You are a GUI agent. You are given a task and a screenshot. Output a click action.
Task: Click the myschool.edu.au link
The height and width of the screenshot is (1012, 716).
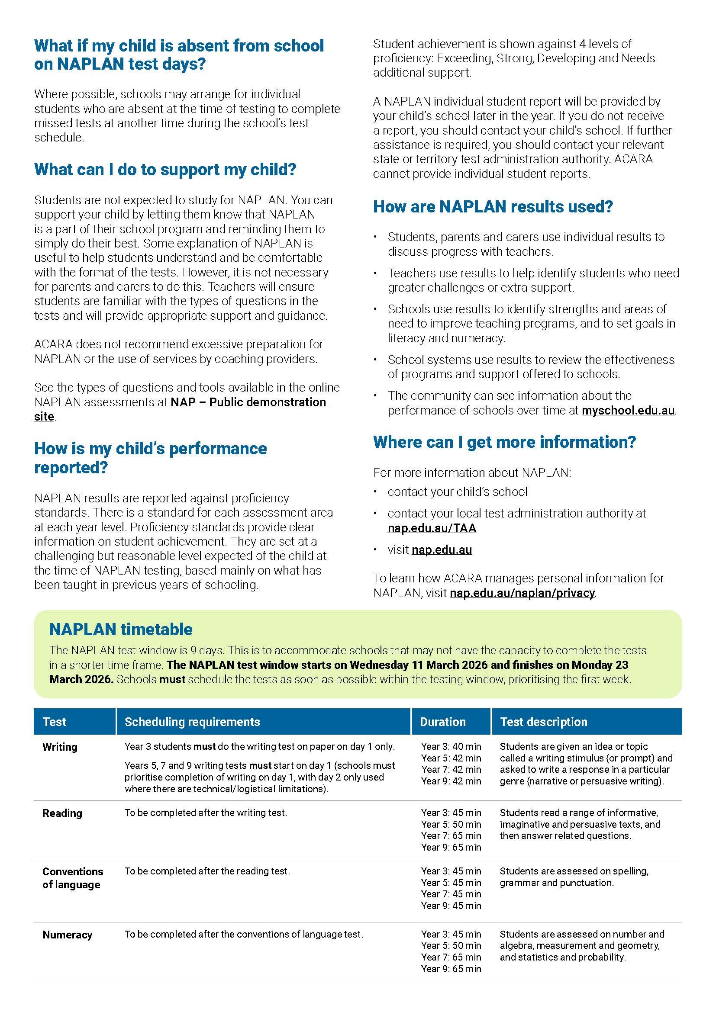[628, 410]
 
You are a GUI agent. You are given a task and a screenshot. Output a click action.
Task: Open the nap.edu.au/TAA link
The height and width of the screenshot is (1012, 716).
[432, 527]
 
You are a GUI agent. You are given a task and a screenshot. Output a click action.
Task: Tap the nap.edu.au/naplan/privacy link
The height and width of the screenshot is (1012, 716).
[522, 593]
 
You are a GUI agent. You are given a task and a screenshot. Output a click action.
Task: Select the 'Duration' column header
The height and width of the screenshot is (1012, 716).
[443, 722]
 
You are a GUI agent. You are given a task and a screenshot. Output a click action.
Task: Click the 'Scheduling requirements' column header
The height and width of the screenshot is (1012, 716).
[192, 722]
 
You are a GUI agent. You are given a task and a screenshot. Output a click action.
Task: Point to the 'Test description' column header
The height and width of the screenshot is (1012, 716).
[544, 722]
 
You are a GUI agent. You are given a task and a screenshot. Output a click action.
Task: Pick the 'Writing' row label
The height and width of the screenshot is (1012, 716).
[60, 747]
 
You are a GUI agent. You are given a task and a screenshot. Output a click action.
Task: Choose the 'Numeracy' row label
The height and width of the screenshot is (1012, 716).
[68, 935]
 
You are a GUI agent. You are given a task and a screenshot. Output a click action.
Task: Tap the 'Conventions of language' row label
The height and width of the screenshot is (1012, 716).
[73, 878]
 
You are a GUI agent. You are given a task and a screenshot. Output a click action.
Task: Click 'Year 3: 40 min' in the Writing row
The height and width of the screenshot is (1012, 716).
[451, 747]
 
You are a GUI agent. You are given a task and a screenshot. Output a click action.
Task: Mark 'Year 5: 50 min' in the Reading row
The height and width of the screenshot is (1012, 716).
[451, 824]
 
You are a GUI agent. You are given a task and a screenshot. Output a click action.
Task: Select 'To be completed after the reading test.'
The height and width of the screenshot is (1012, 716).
[207, 871]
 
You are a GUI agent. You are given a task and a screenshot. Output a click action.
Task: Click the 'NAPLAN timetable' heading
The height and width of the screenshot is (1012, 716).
[121, 629]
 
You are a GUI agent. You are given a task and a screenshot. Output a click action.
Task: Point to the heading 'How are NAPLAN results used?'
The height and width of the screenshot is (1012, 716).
[493, 207]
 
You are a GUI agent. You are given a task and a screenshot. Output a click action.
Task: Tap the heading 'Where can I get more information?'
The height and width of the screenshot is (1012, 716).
[504, 442]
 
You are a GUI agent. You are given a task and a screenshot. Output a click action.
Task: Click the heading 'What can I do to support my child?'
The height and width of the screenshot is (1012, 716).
[165, 170]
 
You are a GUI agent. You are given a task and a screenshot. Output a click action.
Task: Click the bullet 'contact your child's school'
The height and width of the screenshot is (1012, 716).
[457, 492]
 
